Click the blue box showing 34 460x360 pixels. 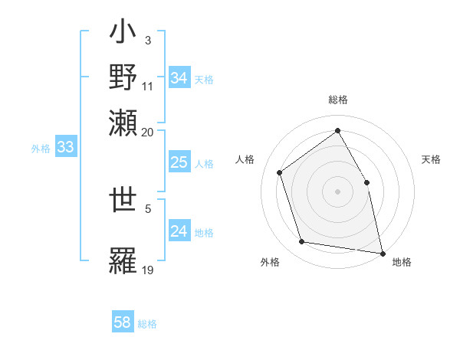(x=179, y=78)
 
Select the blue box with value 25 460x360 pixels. (x=179, y=162)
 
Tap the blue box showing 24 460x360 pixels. (x=179, y=231)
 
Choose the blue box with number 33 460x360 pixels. (x=65, y=147)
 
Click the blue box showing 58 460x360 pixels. (x=123, y=322)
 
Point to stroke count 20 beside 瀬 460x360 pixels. (x=147, y=132)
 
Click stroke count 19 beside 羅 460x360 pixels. (x=148, y=270)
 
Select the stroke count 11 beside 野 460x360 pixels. (x=148, y=86)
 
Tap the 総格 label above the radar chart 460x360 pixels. (x=338, y=100)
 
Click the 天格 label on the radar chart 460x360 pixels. (x=431, y=159)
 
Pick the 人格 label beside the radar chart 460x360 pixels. (x=245, y=159)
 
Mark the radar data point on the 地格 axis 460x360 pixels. (x=382, y=252)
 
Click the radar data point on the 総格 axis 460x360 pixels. (x=337, y=130)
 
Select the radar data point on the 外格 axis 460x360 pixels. (x=302, y=242)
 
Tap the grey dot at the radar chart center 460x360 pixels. (x=337, y=191)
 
